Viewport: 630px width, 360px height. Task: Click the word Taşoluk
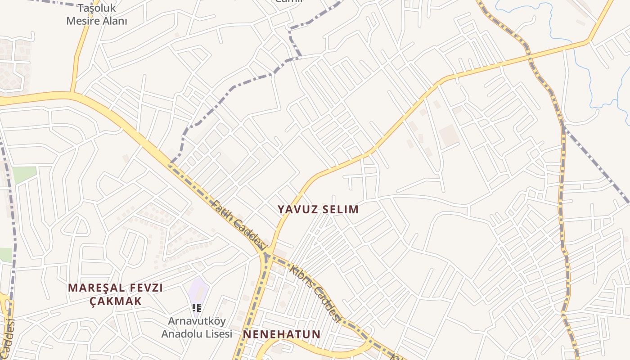coord(97,9)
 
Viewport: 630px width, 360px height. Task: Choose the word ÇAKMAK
coord(116,301)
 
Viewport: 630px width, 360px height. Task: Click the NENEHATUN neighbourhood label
coord(282,334)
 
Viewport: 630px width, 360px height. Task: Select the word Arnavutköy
coord(197,322)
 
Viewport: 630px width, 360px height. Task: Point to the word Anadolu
coord(182,334)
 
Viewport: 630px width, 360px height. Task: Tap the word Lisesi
coord(218,334)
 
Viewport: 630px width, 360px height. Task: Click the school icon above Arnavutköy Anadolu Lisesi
coord(197,308)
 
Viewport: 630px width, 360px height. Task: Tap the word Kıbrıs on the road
coord(298,276)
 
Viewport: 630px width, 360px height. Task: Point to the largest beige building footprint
coord(448,136)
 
